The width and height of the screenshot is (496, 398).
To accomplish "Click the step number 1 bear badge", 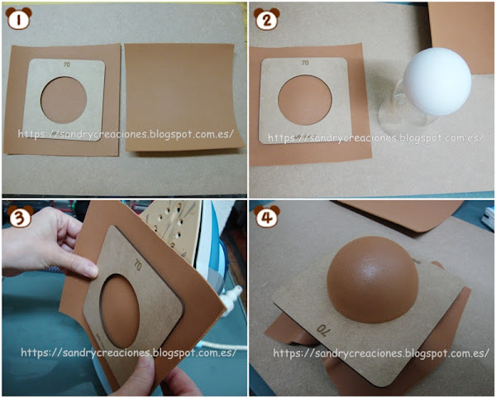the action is pos(19,18).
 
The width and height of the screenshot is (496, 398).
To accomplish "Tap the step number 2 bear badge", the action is pos(267,19).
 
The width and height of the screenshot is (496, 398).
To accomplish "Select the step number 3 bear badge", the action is pos(20,216).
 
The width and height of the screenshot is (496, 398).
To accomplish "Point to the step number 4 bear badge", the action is pos(267,216).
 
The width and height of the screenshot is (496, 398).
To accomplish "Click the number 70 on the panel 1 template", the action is pos(66,65).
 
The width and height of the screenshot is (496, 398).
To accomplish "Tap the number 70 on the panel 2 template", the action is pos(305,63).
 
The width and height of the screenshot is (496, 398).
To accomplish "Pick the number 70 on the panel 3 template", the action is pos(137,265).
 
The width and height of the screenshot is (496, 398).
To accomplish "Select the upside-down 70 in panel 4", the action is pos(323,330).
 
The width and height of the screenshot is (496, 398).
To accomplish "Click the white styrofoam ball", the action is pos(437,81).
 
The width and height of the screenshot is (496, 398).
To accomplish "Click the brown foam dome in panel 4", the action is pos(373,279).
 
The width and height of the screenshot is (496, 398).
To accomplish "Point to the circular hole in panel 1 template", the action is pos(64,100).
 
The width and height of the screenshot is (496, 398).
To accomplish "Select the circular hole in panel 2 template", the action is pos(305,100).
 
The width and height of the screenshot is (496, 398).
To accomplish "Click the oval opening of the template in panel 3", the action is pos(120,311).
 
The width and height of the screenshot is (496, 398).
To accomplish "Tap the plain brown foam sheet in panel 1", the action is pos(184,98).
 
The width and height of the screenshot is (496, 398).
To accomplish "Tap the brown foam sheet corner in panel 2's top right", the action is pos(460,38).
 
